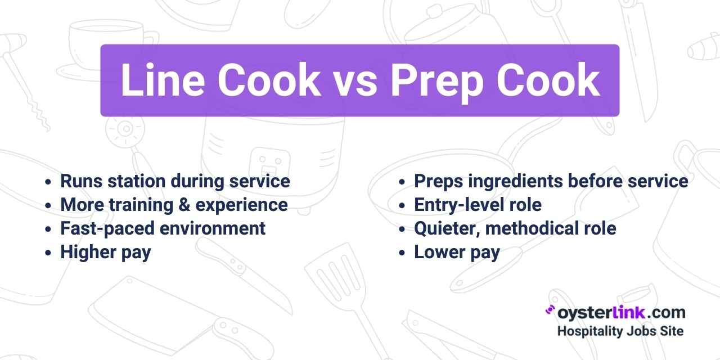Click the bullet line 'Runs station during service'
coord(175,181)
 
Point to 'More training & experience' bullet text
coord(174,205)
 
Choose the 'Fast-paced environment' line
coord(163,228)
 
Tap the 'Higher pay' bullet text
coord(106,252)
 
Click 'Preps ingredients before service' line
coord(551,181)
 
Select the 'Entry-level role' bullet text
coord(478,205)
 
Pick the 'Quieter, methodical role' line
coord(515,228)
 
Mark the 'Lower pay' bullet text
coord(457,252)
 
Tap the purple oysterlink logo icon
coord(550,310)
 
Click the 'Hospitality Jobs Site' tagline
coord(620,331)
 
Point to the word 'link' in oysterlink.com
coord(632,312)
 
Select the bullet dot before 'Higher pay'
coord(48,253)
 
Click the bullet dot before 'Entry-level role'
coord(402,206)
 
